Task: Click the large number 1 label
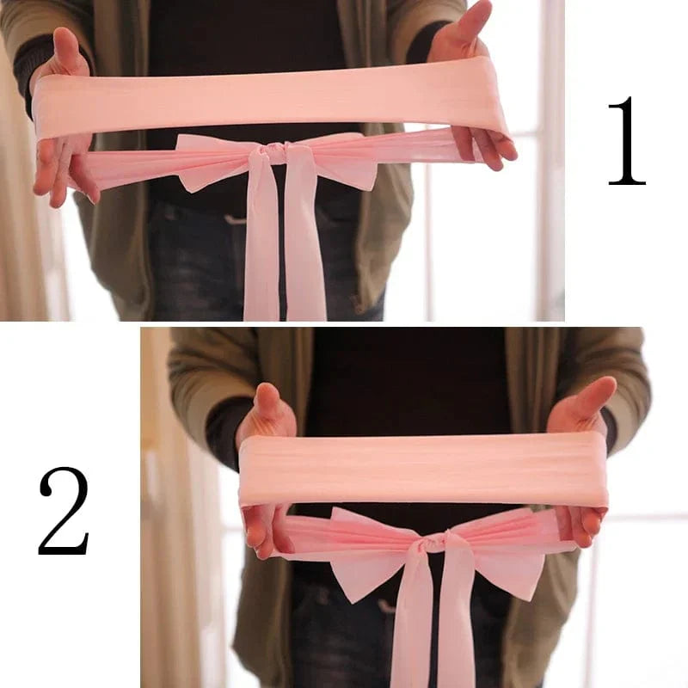coord(627,141)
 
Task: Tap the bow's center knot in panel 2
coord(436,543)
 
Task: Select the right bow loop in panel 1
coord(344,163)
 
